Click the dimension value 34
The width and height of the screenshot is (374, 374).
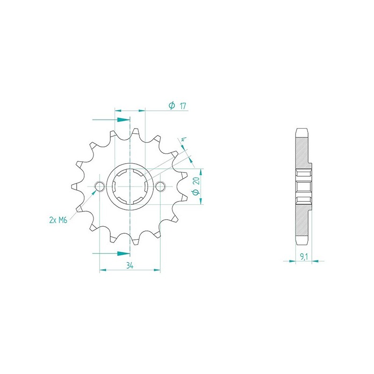click(130, 265)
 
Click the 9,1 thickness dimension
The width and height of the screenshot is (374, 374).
click(304, 257)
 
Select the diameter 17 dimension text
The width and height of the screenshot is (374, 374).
click(177, 106)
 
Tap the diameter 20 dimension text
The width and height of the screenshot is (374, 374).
click(196, 186)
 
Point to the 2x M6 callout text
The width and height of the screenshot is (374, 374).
click(58, 220)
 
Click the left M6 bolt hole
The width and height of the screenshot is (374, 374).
click(100, 186)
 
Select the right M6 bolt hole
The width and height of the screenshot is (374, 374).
click(160, 186)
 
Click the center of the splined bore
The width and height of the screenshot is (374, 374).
click(130, 186)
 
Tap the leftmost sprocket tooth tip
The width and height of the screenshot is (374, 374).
click(72, 186)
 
